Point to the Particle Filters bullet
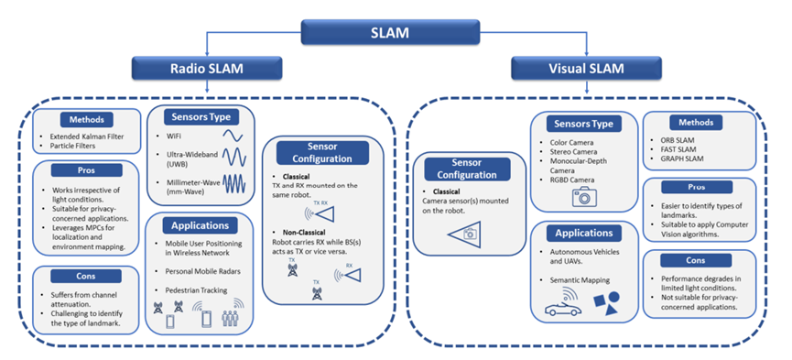72,147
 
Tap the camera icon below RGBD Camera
583,196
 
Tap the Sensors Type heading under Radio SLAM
200,117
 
